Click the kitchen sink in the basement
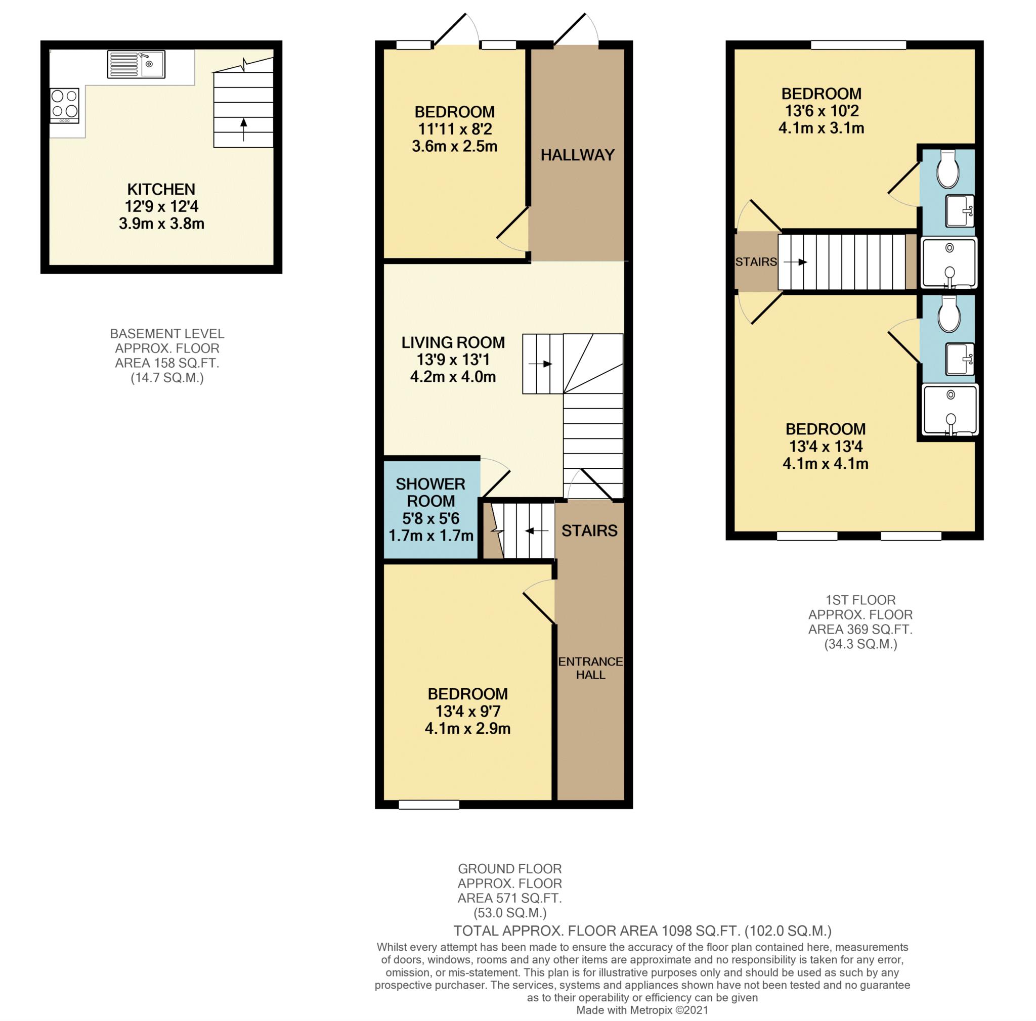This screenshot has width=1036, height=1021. click(136, 64)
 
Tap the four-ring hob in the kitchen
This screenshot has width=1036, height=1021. click(64, 106)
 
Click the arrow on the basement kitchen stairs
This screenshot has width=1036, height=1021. click(244, 129)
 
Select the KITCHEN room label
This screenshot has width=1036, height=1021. click(161, 189)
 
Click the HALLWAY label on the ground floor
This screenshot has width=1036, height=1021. click(578, 155)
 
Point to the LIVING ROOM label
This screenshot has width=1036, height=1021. click(453, 342)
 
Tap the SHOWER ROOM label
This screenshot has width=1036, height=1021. click(430, 493)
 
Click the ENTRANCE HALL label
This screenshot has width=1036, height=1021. click(590, 668)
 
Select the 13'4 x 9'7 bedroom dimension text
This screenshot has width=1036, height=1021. click(468, 711)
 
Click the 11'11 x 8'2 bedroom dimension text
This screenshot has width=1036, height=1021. click(455, 129)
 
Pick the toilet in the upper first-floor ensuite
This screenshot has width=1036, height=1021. click(947, 168)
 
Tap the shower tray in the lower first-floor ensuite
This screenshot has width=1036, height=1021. click(949, 410)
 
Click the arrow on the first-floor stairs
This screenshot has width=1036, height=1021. click(795, 262)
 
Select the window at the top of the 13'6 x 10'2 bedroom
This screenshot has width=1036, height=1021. click(858, 45)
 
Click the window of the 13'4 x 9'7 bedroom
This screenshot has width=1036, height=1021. click(429, 805)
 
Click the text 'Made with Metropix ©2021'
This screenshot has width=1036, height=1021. click(642, 1010)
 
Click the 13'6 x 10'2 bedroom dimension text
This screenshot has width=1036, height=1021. click(822, 111)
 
